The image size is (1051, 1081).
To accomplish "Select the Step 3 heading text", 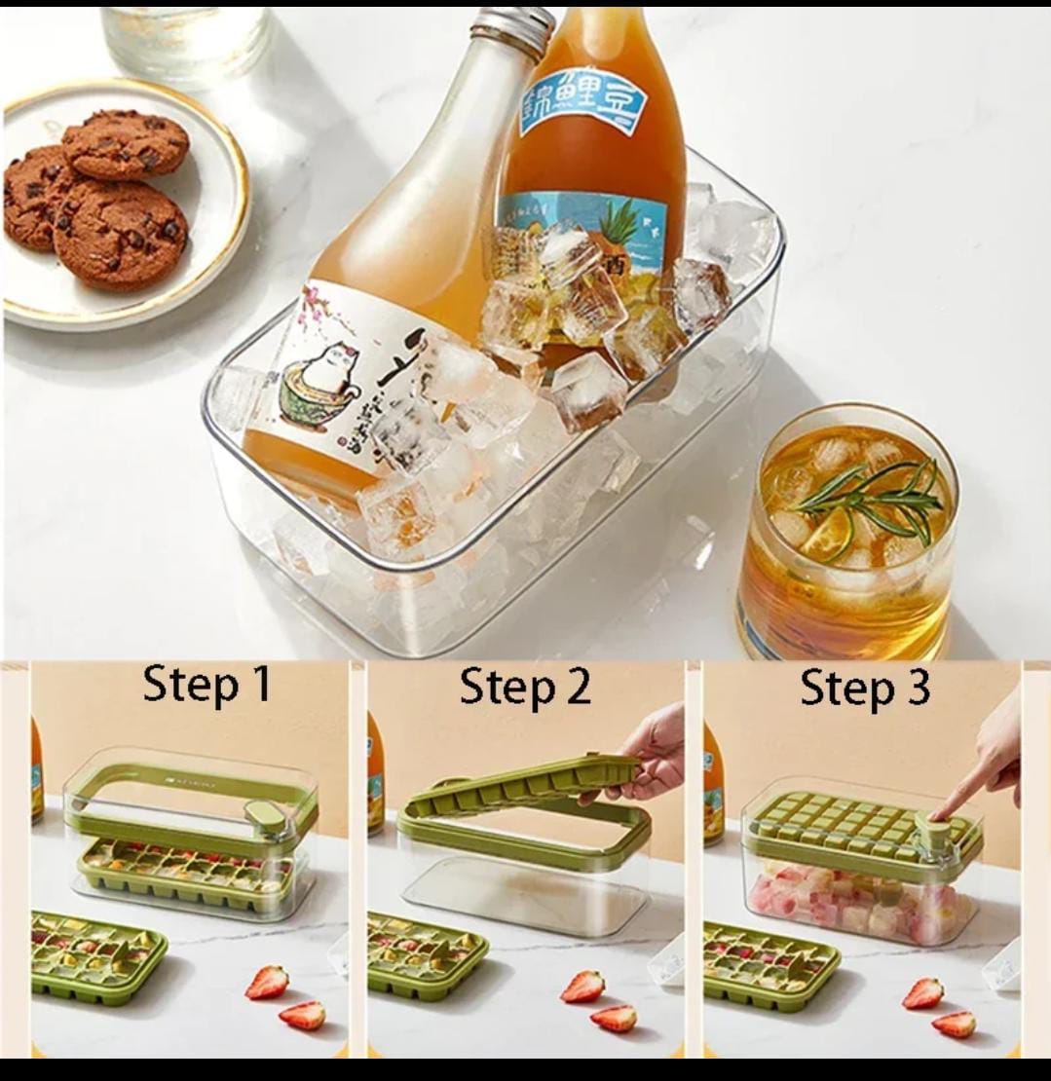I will tap(865, 688).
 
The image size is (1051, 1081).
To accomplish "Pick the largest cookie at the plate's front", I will tap(120, 233).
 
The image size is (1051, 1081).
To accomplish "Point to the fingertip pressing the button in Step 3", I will tap(937, 814).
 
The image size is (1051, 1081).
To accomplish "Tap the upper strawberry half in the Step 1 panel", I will tap(267, 982).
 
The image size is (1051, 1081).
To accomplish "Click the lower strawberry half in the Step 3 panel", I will tap(953, 1023).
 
